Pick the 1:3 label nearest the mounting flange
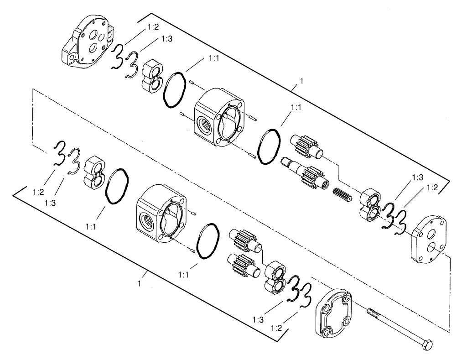166,40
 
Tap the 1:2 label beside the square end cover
276,328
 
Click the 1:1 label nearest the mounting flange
215,58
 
